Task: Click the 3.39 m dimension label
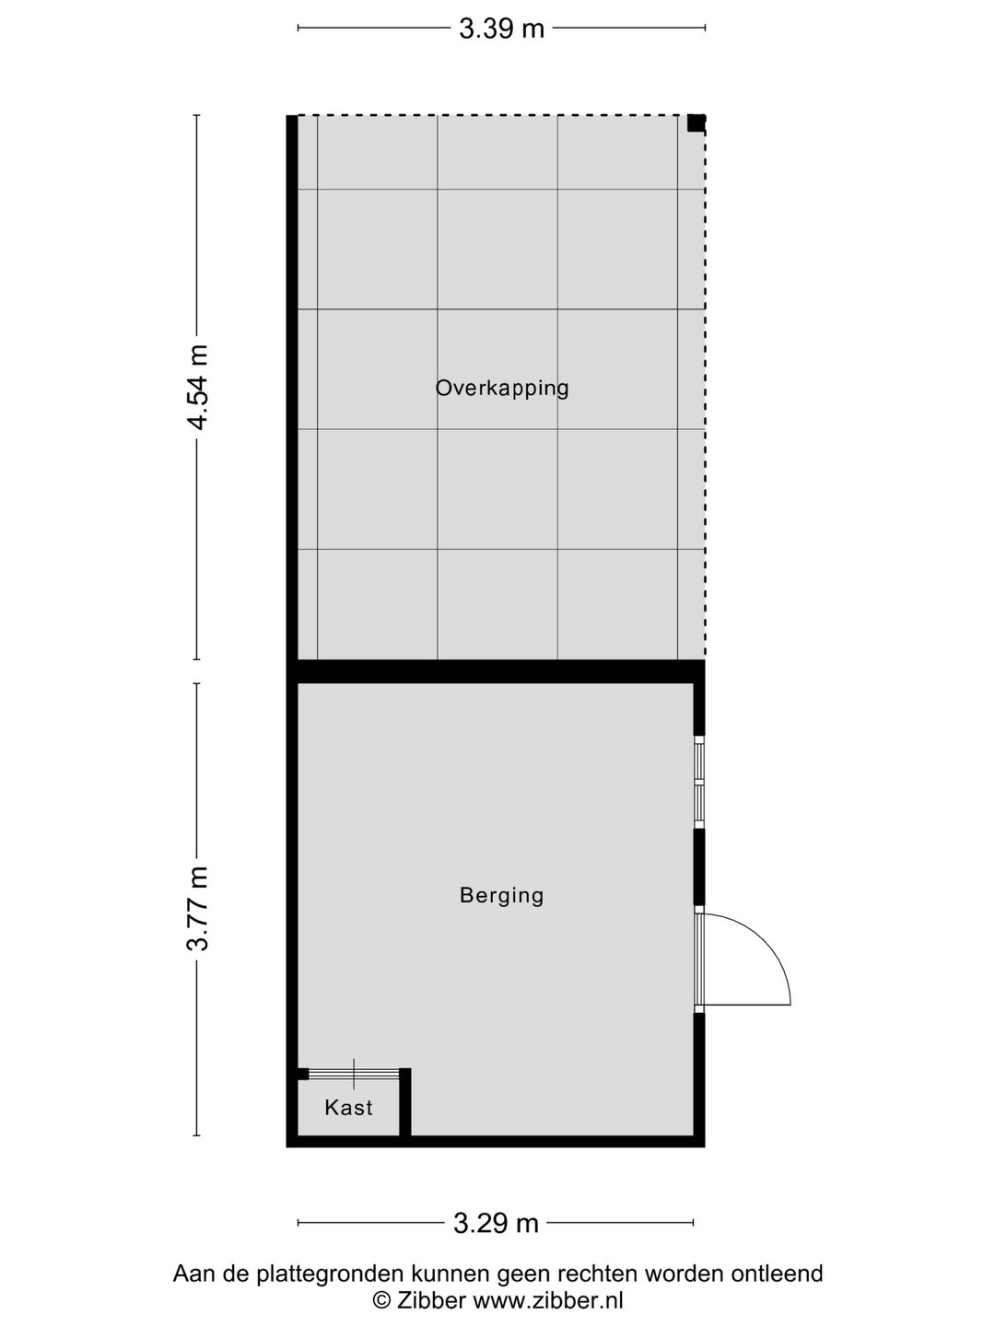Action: [x=501, y=29]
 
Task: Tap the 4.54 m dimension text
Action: [x=197, y=388]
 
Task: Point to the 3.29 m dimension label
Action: [x=496, y=1223]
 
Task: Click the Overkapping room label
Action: [x=502, y=388]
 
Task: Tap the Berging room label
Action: [x=501, y=895]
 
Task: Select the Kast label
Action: [x=348, y=1108]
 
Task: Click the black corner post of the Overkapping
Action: [x=696, y=123]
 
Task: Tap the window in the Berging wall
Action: [x=699, y=783]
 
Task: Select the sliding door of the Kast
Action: [x=354, y=1074]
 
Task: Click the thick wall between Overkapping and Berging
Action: [x=496, y=671]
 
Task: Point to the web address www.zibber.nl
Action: [x=548, y=1299]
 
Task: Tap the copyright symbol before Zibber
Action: [x=381, y=1299]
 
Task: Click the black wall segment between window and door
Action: [x=699, y=867]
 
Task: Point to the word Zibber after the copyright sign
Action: [x=431, y=1299]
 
